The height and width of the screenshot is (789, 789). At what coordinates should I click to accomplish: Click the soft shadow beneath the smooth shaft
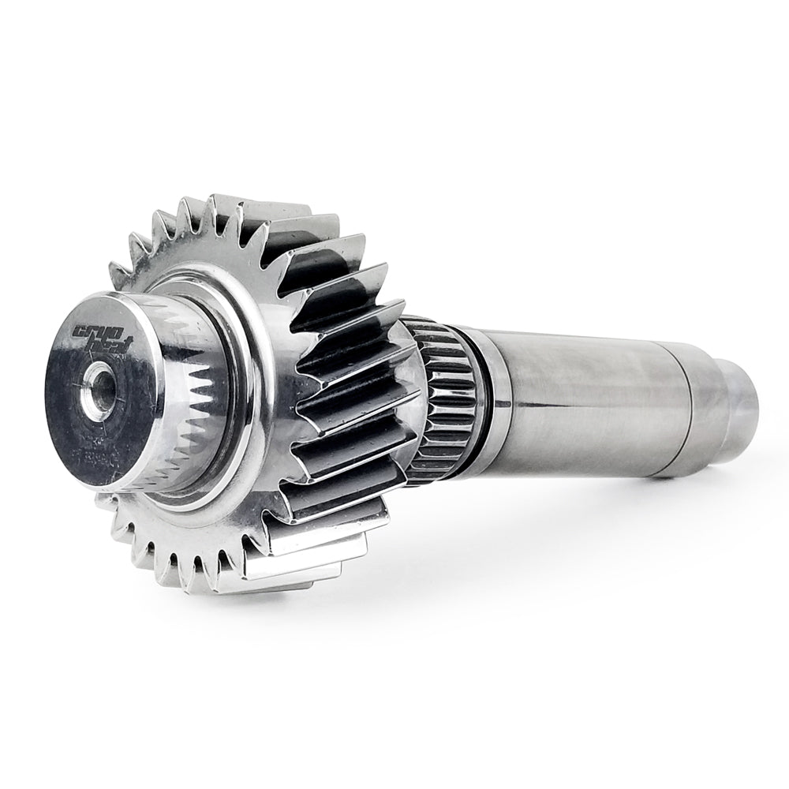600,505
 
